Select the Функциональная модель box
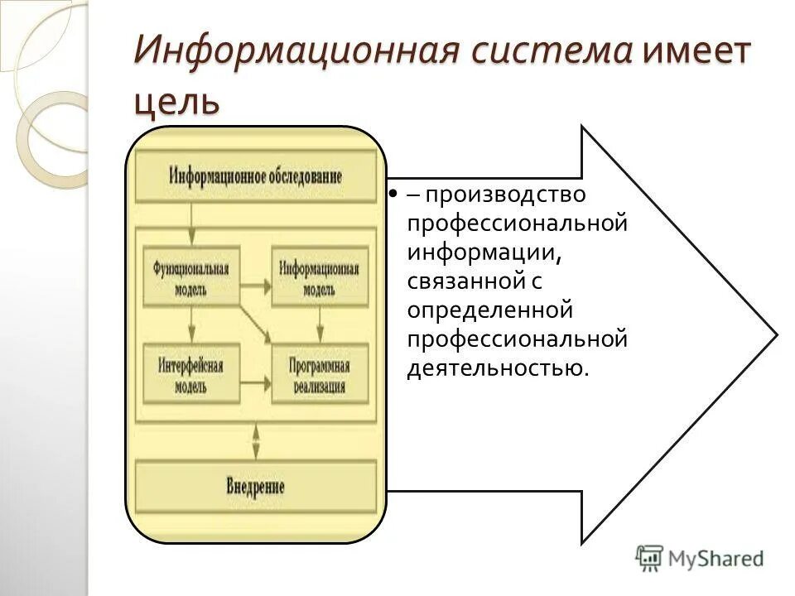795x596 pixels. (x=191, y=276)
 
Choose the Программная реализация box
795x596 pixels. (x=319, y=372)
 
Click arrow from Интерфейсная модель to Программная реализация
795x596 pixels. (x=255, y=383)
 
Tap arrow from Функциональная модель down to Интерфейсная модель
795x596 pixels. (x=191, y=322)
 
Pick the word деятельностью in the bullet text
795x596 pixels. (x=495, y=367)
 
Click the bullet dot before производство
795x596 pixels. (x=389, y=195)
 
